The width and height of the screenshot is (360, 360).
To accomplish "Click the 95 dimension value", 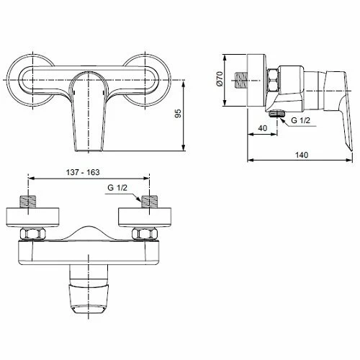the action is [178, 113].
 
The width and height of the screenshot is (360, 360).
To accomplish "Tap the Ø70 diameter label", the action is [220, 78].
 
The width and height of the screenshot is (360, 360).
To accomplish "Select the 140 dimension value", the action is [302, 155].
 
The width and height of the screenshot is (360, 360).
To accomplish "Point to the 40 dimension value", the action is [263, 128].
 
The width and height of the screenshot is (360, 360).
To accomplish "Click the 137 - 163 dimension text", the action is [83, 172].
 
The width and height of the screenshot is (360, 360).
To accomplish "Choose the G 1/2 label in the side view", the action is [300, 120].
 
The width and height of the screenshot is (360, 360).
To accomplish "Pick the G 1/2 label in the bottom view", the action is [117, 187].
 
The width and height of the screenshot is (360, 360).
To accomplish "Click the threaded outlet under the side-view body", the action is [276, 113].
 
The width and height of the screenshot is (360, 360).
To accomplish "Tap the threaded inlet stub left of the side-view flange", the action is [240, 80].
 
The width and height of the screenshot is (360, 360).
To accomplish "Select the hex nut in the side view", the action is [273, 80].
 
